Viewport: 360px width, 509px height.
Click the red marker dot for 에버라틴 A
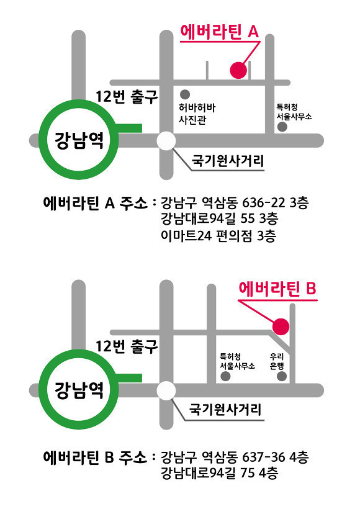238,70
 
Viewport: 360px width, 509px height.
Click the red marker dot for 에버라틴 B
281,327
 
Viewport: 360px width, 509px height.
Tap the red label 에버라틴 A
219,32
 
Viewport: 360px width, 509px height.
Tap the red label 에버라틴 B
277,289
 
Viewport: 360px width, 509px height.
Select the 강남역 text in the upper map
79,140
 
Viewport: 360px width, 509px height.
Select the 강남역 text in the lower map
79,390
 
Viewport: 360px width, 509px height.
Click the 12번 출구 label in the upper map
127,96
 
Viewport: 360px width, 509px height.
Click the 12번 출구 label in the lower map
127,346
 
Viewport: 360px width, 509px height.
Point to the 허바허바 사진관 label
197,114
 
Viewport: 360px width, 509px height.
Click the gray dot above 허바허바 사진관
185,94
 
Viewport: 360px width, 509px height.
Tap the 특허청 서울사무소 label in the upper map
294,112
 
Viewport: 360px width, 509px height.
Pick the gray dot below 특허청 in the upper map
282,127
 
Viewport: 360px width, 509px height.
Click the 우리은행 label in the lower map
277,361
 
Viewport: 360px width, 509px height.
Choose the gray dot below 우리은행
281,376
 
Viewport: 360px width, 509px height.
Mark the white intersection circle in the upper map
166,141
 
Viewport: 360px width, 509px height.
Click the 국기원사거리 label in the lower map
225,410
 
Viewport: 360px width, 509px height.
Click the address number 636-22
264,203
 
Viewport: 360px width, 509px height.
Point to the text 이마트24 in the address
186,235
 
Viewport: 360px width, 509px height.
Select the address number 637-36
264,457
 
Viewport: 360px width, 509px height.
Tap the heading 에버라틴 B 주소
95,457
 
